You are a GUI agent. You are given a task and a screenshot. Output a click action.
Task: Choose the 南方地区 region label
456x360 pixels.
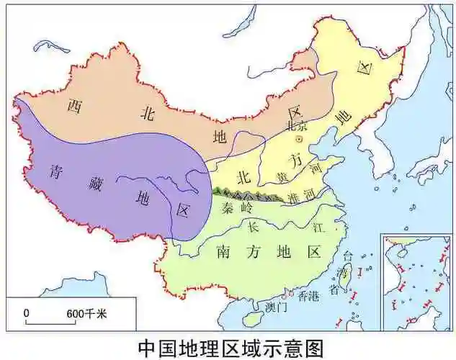[267, 251]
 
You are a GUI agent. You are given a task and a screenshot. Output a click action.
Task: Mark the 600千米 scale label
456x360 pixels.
[86, 313]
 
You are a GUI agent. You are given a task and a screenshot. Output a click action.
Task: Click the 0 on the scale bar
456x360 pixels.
[27, 313]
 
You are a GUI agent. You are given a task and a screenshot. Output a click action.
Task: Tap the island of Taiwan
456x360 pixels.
[347, 273]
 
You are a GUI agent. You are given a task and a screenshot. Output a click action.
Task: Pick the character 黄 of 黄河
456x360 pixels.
[283, 176]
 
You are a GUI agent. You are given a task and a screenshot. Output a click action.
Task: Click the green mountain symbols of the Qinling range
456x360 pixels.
[245, 193]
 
